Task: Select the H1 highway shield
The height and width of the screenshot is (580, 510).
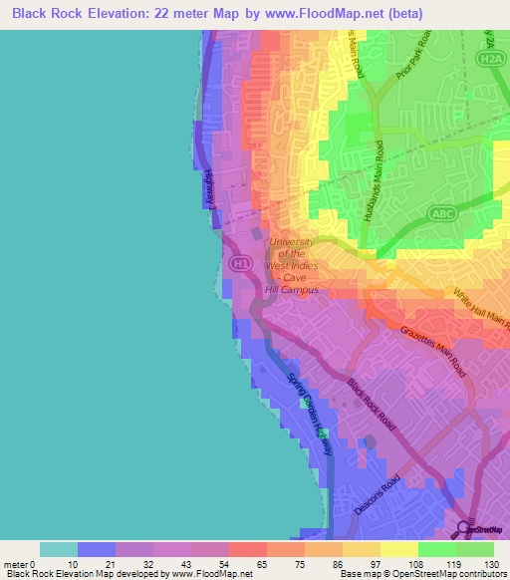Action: tap(240, 263)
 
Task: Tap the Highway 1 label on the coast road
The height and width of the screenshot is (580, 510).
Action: tap(211, 188)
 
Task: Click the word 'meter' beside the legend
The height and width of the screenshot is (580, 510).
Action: tap(17, 565)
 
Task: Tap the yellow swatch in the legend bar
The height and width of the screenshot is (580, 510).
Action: tap(398, 549)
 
